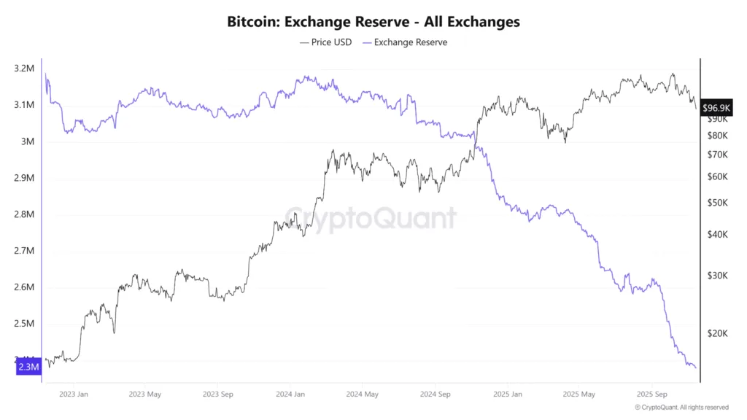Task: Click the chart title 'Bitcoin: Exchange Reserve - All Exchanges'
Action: (x=373, y=22)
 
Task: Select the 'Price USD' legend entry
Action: (x=325, y=42)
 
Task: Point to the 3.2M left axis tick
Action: (x=23, y=69)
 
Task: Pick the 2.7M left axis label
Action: (x=23, y=251)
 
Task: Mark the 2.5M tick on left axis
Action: (x=23, y=324)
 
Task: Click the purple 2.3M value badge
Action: (x=28, y=367)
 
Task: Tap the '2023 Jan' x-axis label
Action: (x=74, y=394)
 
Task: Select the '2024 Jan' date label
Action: (x=290, y=394)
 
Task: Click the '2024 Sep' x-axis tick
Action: (x=435, y=394)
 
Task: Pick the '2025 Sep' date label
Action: (x=652, y=394)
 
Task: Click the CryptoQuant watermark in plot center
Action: (x=371, y=217)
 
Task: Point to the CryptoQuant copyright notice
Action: (x=681, y=408)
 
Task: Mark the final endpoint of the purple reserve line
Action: (x=696, y=367)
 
